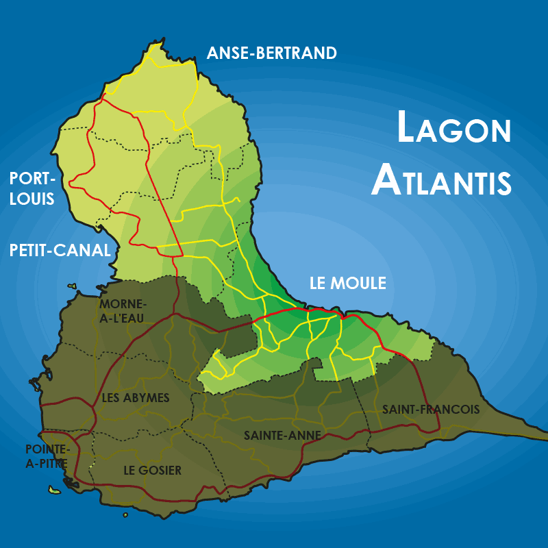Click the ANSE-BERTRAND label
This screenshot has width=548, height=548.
tap(272, 53)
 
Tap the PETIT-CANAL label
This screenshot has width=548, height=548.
tap(60, 251)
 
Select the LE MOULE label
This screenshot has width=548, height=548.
tap(348, 283)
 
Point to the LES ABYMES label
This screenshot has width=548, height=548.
tap(136, 398)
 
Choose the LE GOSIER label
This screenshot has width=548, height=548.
tap(152, 471)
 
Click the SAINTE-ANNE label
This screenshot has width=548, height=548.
tap(275, 435)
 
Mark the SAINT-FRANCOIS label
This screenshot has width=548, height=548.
tap(431, 410)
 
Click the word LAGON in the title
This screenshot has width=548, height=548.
tap(454, 129)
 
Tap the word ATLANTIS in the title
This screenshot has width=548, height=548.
tap(442, 180)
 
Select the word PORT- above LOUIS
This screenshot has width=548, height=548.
tap(32, 179)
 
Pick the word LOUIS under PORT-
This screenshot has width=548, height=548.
tap(32, 199)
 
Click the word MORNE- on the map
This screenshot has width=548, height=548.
tap(123, 304)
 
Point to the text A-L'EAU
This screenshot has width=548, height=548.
tap(123, 317)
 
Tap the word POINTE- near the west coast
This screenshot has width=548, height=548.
tap(47, 449)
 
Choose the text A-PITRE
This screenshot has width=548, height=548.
tap(47, 464)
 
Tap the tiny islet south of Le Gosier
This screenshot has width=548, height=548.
tap(125, 515)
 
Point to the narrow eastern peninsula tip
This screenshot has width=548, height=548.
tap(545, 434)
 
